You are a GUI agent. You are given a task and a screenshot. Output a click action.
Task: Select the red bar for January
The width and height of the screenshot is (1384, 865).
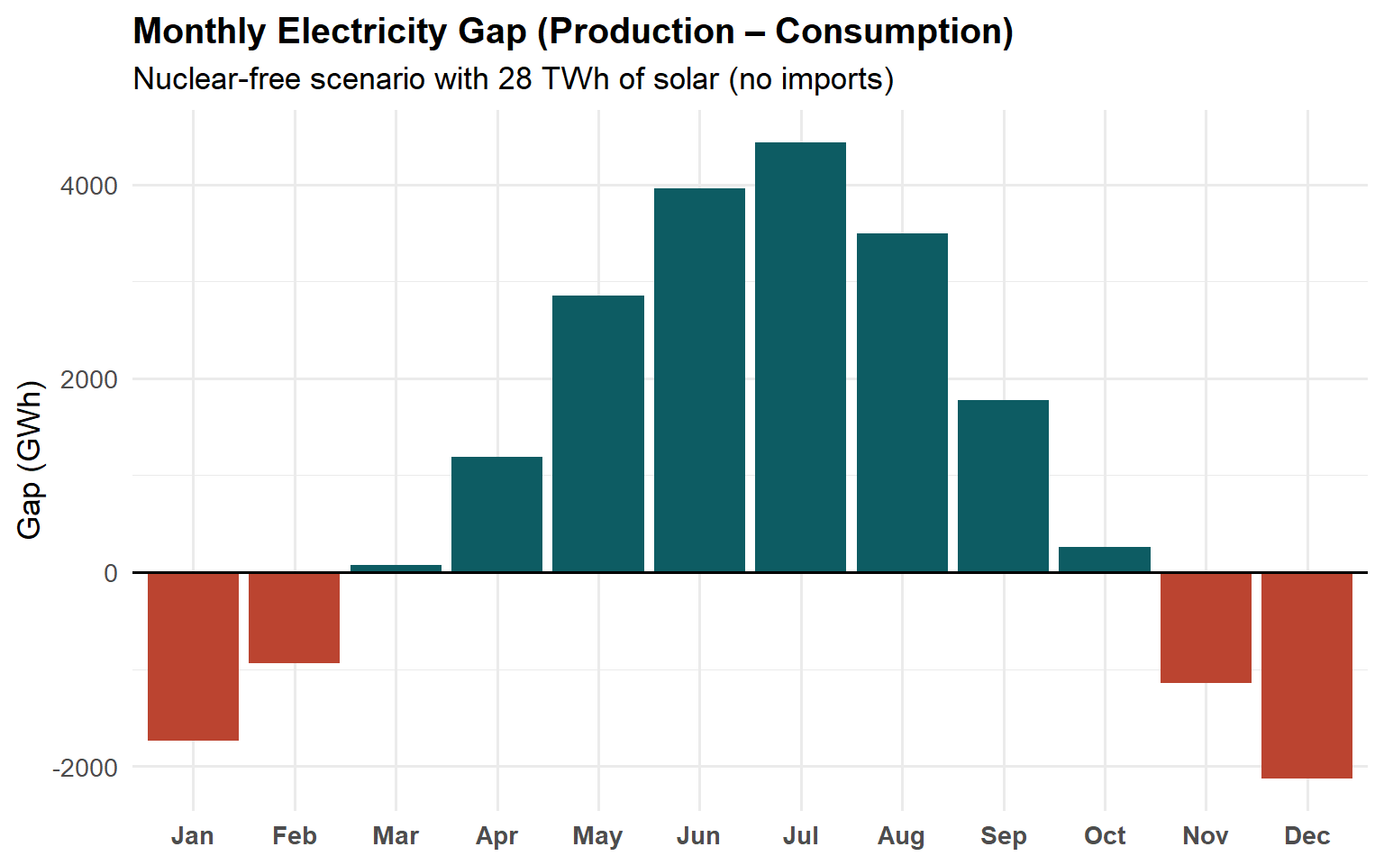coord(193,656)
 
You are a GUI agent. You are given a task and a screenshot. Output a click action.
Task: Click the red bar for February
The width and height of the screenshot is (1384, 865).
coord(294,617)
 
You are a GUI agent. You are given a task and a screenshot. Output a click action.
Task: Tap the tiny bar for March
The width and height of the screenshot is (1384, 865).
coord(396,568)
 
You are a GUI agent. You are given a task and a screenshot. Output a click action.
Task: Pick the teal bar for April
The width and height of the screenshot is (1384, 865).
coord(496,514)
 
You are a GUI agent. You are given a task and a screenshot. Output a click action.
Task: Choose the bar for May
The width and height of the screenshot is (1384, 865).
coord(598,433)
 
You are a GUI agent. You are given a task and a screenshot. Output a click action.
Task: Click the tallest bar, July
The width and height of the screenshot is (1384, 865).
coord(800,357)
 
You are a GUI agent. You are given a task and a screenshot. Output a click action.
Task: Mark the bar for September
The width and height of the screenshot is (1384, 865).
coord(1003,486)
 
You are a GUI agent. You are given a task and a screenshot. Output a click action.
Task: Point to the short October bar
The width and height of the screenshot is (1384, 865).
coord(1105,560)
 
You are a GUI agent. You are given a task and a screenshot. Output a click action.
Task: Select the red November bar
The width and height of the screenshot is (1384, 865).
coord(1206,627)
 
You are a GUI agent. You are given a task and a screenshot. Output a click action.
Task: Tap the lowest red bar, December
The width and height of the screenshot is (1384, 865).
coord(1307,675)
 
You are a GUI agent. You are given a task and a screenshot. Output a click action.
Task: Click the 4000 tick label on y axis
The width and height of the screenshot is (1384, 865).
coord(89,187)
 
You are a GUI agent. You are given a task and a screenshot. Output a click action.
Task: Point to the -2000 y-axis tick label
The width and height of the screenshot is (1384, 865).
coord(86,768)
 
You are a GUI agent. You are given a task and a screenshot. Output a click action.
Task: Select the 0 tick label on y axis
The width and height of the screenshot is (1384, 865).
coord(111,574)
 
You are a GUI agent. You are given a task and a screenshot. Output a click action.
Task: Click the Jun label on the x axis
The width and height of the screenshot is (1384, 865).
coord(698,836)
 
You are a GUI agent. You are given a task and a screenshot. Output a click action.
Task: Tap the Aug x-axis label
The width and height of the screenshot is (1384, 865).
coord(901,836)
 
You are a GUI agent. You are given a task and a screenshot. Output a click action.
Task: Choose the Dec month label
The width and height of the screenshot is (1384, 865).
coord(1307,836)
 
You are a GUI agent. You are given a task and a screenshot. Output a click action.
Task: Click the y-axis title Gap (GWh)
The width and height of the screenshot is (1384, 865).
coord(30,460)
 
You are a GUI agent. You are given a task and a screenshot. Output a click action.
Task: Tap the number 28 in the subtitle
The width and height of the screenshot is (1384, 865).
coord(514,79)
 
